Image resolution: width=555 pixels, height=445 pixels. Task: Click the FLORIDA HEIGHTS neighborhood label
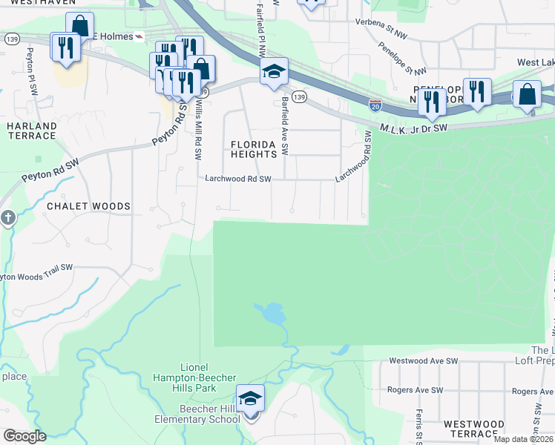pyautogui.click(x=258, y=149)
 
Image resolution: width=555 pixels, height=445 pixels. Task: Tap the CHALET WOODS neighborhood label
pyautogui.click(x=88, y=206)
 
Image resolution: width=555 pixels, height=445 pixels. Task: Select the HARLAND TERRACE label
pyautogui.click(x=31, y=131)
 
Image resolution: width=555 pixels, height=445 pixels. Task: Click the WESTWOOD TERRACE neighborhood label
pyautogui.click(x=474, y=429)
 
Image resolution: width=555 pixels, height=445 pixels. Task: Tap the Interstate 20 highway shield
pyautogui.click(x=376, y=106)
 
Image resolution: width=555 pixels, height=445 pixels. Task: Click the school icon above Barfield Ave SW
pyautogui.click(x=274, y=72)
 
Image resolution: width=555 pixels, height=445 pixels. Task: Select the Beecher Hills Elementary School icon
pyautogui.click(x=250, y=399)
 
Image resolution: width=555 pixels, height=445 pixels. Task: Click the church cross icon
pyautogui.click(x=7, y=218)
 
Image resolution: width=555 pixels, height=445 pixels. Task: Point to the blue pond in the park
pyautogui.click(x=273, y=314)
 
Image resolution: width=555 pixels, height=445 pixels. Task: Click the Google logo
pyautogui.click(x=24, y=436)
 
